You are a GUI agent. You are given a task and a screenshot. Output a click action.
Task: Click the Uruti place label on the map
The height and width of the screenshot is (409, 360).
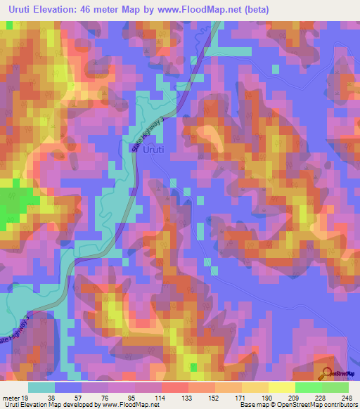point(155,150)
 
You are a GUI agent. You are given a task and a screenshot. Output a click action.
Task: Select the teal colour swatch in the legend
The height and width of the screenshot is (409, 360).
point(41,387)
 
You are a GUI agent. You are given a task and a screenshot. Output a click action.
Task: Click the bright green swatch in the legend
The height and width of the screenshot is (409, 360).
point(308,387)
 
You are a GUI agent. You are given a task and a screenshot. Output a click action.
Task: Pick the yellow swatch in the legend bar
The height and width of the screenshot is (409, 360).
point(255,387)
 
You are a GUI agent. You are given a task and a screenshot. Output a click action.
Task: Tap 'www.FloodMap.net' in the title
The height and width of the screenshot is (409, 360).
point(185,10)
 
